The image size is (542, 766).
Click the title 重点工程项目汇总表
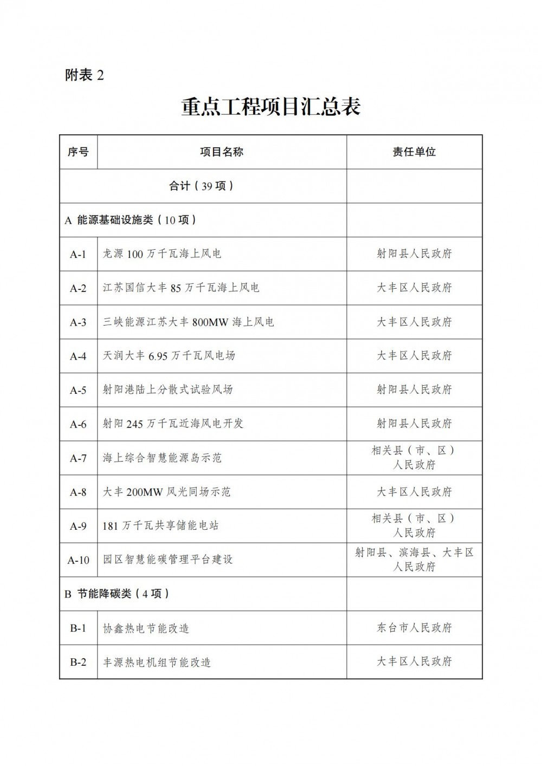[x=270, y=107]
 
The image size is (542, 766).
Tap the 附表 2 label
[x=84, y=75]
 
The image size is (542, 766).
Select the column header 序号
[x=78, y=152]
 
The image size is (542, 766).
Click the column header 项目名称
[x=222, y=152]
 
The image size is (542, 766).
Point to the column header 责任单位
[x=414, y=152]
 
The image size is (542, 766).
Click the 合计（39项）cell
[x=202, y=186]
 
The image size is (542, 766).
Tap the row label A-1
[x=78, y=254]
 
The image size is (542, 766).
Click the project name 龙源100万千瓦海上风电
[x=162, y=254]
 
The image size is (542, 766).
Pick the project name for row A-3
[x=189, y=322]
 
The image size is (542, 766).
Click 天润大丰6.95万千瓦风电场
[x=169, y=356]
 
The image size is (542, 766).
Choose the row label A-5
[x=78, y=390]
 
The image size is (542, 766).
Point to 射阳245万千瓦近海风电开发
[x=173, y=424]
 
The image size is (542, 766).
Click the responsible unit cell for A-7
[x=414, y=458]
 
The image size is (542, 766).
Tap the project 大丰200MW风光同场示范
[x=166, y=492]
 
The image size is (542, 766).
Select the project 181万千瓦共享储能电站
[x=161, y=525]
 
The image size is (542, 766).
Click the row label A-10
[x=78, y=560]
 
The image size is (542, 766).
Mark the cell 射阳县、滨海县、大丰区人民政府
[x=414, y=560]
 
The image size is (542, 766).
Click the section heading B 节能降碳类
[x=117, y=594]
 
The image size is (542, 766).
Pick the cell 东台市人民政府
[x=414, y=628]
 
